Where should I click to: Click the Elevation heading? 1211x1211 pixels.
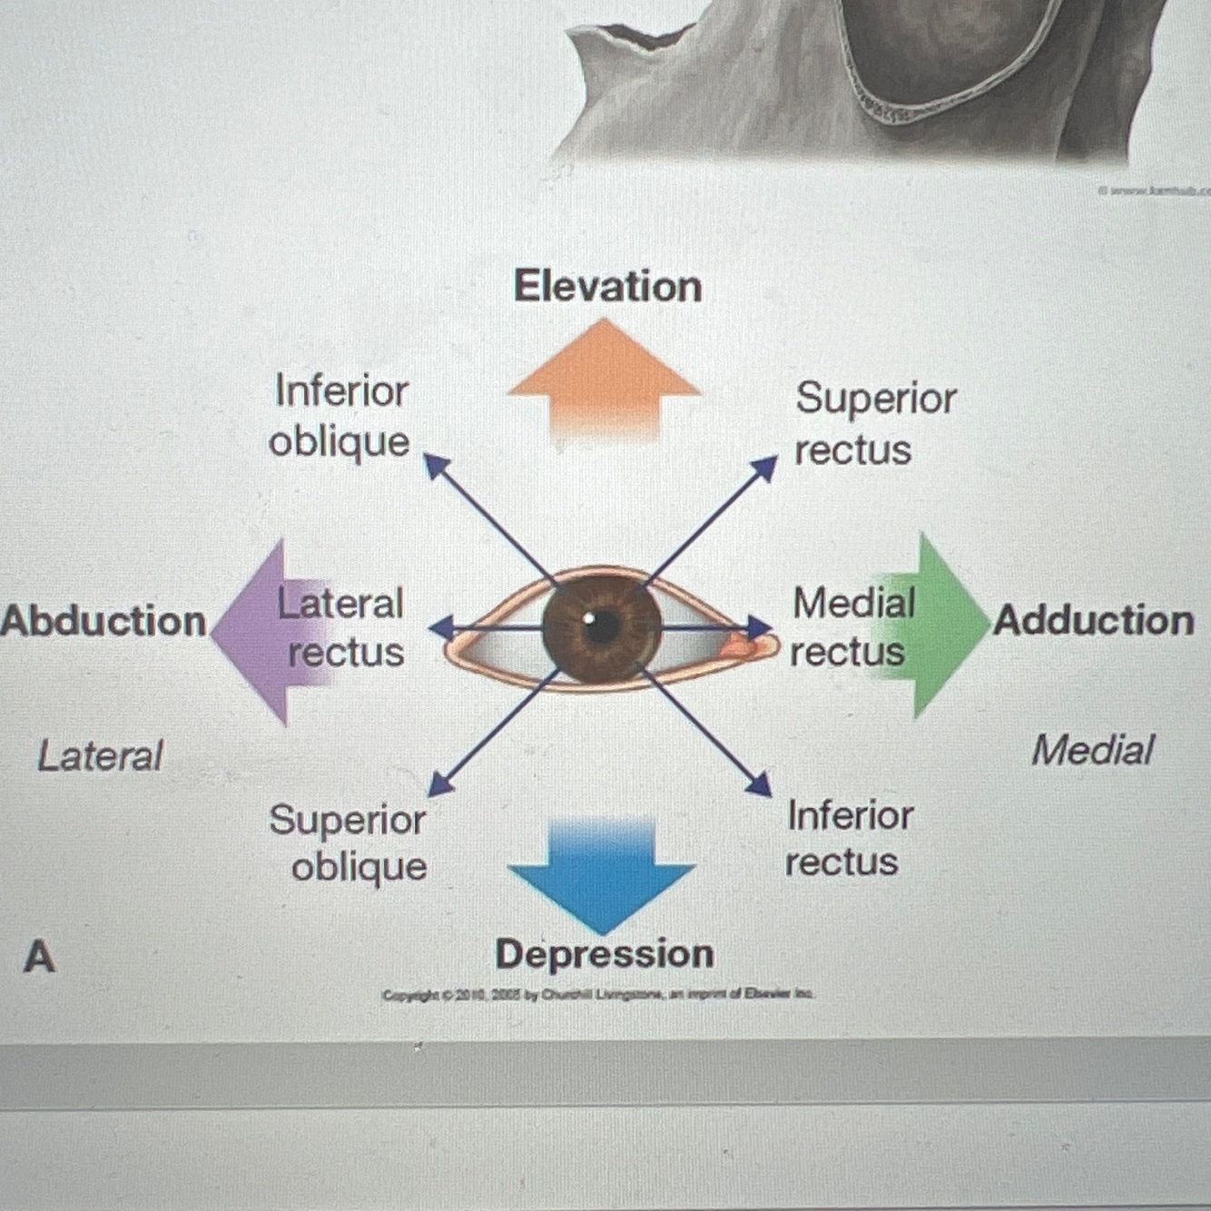[x=607, y=286]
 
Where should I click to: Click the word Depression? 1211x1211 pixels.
[x=605, y=954]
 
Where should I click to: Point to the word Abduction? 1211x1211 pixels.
[x=103, y=621]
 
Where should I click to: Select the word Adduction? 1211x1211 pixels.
[x=1094, y=620]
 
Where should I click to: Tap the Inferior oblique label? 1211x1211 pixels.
[x=340, y=417]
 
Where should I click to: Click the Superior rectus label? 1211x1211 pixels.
[x=875, y=423]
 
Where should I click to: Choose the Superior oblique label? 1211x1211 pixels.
[x=350, y=842]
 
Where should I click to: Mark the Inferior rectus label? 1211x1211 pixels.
[x=848, y=838]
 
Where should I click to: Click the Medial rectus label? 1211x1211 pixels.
[x=852, y=626]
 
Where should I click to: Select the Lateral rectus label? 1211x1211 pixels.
[x=342, y=627]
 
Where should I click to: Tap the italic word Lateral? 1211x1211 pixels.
[x=100, y=755]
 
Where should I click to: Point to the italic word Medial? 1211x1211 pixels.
[x=1092, y=751]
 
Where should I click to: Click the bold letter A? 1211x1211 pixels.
[x=39, y=956]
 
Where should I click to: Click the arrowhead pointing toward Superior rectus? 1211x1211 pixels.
[x=766, y=468]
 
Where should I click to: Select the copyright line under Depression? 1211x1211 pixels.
[x=597, y=994]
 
